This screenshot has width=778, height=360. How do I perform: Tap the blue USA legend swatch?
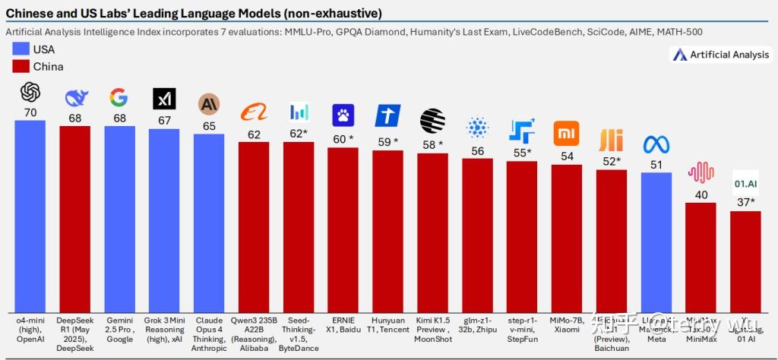[21, 49]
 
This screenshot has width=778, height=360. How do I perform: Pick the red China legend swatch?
[21, 67]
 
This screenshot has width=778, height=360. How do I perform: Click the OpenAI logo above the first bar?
[30, 93]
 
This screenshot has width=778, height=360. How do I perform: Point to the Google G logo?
[119, 97]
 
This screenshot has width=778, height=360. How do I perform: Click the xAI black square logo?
[163, 99]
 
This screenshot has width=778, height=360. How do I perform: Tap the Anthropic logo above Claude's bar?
[208, 104]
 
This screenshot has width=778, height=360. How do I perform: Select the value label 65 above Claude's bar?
[208, 125]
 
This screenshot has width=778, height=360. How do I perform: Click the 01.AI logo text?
[745, 184]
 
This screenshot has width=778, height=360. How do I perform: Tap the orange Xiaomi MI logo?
[566, 131]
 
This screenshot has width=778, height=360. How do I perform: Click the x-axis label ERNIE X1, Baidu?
[342, 325]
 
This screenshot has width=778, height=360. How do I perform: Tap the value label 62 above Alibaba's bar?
[253, 134]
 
